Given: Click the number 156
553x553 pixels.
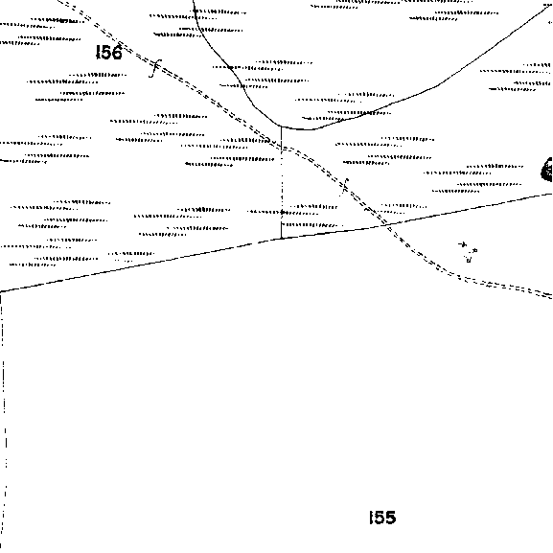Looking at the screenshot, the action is click(x=109, y=52).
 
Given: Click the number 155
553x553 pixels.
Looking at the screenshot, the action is click(x=382, y=518).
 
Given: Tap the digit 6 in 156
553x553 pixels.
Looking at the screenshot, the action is click(x=117, y=52).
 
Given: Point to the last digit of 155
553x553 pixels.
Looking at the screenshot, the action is click(x=391, y=518).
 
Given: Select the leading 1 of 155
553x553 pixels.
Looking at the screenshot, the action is click(x=371, y=518).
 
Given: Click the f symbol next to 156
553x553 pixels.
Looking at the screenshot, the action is click(x=155, y=68).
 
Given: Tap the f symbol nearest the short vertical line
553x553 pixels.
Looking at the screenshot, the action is click(x=345, y=187).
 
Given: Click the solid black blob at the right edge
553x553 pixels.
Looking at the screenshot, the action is click(x=547, y=170).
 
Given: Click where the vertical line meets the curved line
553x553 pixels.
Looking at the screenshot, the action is click(x=281, y=126).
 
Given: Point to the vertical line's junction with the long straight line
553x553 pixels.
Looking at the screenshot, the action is click(x=282, y=239).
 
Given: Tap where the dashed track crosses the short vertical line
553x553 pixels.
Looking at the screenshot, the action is click(x=282, y=147).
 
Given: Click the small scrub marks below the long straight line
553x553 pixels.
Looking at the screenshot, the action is click(x=468, y=252).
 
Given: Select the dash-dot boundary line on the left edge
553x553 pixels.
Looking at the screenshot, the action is click(x=4, y=420).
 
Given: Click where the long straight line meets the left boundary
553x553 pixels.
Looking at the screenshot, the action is click(x=1, y=291).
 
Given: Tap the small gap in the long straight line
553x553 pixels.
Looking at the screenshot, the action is click(x=255, y=242).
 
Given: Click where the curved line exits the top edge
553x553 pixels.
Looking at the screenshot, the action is click(x=194, y=1).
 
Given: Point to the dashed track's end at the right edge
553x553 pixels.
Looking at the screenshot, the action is click(x=551, y=295).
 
